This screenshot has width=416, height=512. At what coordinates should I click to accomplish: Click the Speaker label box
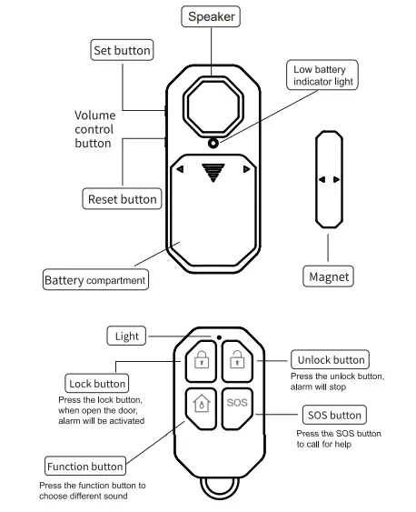pyautogui.click(x=212, y=17)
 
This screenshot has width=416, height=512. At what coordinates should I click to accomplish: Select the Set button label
pyautogui.click(x=122, y=50)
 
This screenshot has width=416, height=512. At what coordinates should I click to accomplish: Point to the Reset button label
pyautogui.click(x=122, y=198)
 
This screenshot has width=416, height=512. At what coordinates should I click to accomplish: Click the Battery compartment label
pyautogui.click(x=95, y=280)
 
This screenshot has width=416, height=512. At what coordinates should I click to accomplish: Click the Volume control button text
pyautogui.click(x=94, y=129)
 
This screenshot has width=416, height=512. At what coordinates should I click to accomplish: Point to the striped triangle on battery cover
pyautogui.click(x=213, y=172)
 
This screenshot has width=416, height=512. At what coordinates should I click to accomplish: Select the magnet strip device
pyautogui.click(x=328, y=179)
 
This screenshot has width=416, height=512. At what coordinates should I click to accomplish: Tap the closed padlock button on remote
pyautogui.click(x=199, y=364)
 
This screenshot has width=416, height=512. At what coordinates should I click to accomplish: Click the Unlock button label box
pyautogui.click(x=330, y=360)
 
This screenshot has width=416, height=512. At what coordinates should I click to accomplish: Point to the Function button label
pyautogui.click(x=84, y=467)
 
